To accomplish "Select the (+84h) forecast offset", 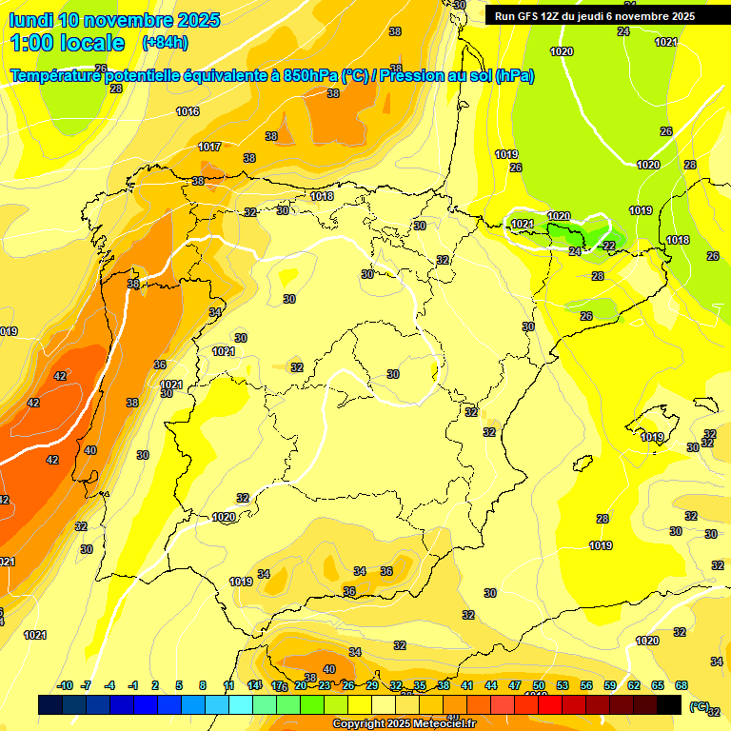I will point(165,43).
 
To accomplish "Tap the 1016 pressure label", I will point(188,112).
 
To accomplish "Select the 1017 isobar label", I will point(209,147).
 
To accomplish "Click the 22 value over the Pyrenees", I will point(609,246).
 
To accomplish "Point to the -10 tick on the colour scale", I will point(66,685).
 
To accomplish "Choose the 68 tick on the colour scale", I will point(682,685).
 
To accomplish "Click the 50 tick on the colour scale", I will point(539,685).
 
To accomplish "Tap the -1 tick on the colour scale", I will point(133,685).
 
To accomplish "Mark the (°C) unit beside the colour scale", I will point(700,705).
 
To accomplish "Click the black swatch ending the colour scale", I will point(669,704).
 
